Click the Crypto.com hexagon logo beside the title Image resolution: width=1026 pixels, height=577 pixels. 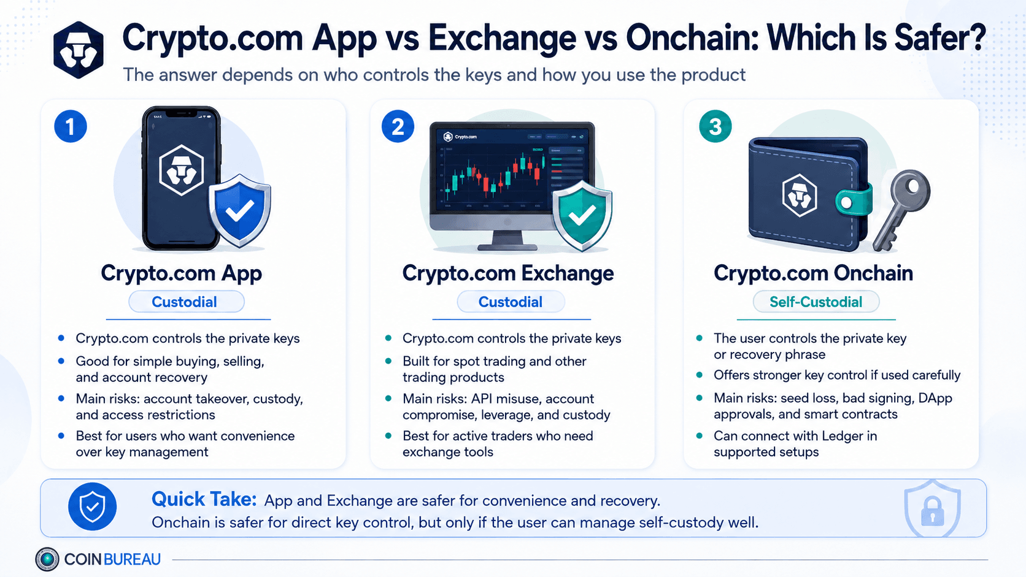79,50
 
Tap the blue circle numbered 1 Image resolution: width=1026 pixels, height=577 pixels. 71,126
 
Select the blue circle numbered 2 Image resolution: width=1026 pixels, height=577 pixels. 398,126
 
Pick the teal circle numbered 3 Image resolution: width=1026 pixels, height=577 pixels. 715,126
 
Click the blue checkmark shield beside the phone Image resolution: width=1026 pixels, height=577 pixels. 239,210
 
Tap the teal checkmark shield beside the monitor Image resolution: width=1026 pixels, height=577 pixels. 582,215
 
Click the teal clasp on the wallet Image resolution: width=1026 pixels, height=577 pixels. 854,201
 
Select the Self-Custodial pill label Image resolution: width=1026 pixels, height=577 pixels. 816,302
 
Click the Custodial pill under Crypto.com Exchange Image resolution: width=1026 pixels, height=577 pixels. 511,302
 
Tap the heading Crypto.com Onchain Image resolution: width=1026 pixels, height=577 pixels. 813,273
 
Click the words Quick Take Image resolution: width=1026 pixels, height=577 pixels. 204,499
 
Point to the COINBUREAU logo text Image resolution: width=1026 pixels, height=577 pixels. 112,559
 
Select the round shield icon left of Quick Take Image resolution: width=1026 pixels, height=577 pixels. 92,506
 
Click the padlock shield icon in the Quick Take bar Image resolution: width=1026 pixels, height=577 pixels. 932,508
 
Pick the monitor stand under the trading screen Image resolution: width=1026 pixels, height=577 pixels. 507,240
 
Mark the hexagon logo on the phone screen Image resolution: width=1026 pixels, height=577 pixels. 182,170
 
